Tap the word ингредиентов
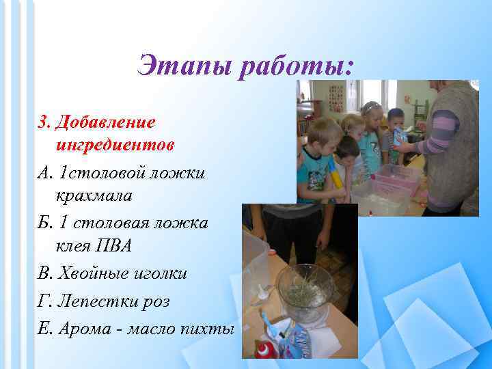pyautogui.click(x=115, y=146)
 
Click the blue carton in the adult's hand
pyautogui.click(x=399, y=136)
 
